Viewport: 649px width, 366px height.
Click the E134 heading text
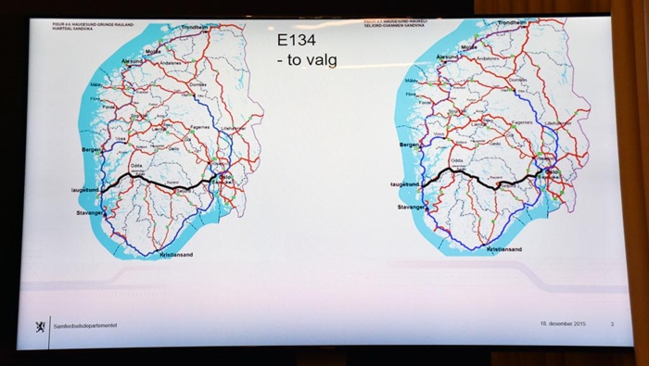point(299,43)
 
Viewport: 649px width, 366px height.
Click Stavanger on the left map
point(91,213)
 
